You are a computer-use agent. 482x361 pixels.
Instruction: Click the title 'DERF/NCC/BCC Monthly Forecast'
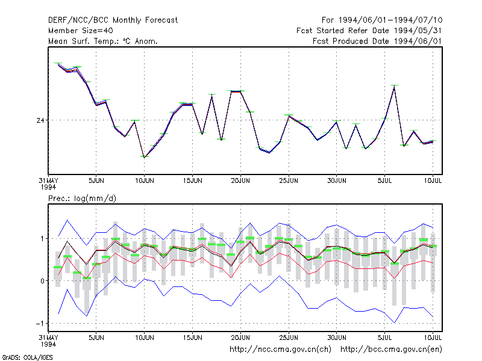click(x=113, y=20)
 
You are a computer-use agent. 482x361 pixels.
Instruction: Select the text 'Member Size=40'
click(x=81, y=31)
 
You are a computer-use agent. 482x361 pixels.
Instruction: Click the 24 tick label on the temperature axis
click(x=40, y=120)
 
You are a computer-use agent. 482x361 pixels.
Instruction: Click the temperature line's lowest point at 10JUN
click(x=144, y=158)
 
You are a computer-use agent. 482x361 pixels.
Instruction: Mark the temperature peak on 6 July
click(x=394, y=87)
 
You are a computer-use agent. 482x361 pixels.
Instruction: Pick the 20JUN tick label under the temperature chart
click(x=240, y=181)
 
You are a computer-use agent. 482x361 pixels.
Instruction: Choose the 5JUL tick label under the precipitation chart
click(x=384, y=338)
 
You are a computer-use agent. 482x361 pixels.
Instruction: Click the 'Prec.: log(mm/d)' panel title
click(x=82, y=199)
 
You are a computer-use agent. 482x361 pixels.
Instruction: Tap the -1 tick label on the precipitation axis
click(x=40, y=324)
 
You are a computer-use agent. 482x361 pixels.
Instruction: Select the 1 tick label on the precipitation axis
click(x=42, y=239)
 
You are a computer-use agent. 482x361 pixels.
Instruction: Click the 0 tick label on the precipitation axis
click(x=42, y=281)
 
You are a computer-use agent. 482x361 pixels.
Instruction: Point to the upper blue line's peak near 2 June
click(x=67, y=220)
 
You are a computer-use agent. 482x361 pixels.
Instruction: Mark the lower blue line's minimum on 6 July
click(x=394, y=322)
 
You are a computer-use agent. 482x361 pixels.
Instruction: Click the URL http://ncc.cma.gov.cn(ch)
click(x=280, y=350)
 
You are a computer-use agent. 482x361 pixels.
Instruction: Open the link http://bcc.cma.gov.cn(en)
click(x=391, y=350)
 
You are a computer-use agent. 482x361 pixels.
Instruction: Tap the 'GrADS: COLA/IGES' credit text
click(x=27, y=357)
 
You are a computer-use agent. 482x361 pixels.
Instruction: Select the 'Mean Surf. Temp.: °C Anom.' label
click(x=103, y=41)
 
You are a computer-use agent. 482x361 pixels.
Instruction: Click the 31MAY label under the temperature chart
click(x=49, y=181)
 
